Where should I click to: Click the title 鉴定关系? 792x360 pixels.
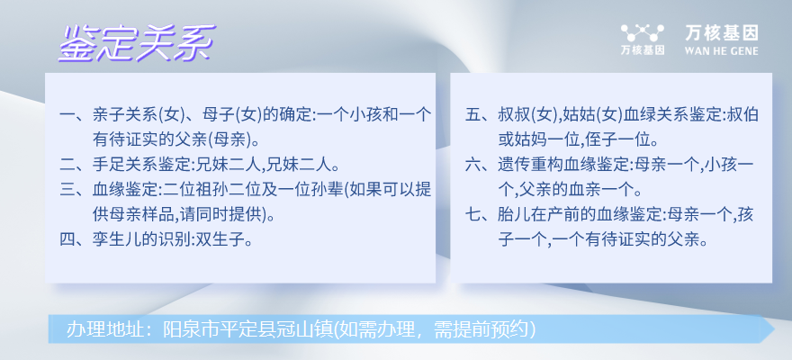(x=137, y=43)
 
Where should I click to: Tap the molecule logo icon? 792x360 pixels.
(x=642, y=32)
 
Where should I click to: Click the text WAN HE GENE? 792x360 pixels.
(x=721, y=50)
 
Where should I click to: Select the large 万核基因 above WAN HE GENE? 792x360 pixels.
(x=721, y=33)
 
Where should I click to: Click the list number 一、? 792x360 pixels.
(x=75, y=114)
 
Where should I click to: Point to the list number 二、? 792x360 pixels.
(x=75, y=164)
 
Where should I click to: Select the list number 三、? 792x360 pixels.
(x=75, y=189)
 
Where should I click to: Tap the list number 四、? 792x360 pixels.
(x=75, y=238)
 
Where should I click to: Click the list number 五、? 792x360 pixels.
(x=480, y=114)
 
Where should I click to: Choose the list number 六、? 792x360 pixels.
(x=480, y=164)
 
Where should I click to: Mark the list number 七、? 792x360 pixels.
(x=480, y=213)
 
